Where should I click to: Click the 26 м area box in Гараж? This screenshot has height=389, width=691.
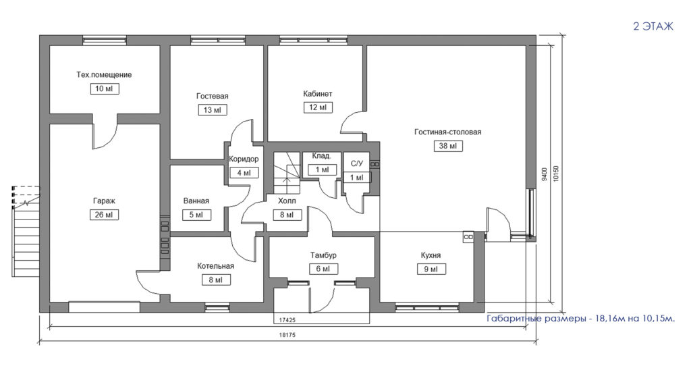pyautogui.click(x=104, y=215)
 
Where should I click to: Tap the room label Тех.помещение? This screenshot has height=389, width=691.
pyautogui.click(x=104, y=74)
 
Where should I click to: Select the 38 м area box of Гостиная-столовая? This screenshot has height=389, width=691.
pyautogui.click(x=448, y=146)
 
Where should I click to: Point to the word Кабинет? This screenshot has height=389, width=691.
pyautogui.click(x=318, y=93)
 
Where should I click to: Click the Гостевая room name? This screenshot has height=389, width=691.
pyautogui.click(x=213, y=96)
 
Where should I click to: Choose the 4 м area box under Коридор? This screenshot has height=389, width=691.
pyautogui.click(x=244, y=173)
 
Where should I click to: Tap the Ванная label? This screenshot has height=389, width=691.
pyautogui.click(x=196, y=201)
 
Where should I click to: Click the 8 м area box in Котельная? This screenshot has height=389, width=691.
pyautogui.click(x=215, y=280)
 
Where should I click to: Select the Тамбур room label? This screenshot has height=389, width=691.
pyautogui.click(x=323, y=255)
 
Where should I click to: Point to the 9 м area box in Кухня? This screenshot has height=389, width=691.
pyautogui.click(x=431, y=269)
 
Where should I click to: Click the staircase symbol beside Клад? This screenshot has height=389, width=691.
pyautogui.click(x=287, y=172)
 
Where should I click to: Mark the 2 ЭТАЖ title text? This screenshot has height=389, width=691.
pyautogui.click(x=653, y=26)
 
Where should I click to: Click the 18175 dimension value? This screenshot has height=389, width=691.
pyautogui.click(x=287, y=335)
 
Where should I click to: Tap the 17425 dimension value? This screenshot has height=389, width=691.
pyautogui.click(x=287, y=320)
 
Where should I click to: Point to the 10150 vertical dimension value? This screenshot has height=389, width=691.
pyautogui.click(x=556, y=174)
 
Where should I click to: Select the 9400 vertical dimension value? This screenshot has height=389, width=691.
pyautogui.click(x=545, y=174)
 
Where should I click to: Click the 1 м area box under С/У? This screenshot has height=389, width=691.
pyautogui.click(x=356, y=178)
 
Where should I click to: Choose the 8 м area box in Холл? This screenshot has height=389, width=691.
pyautogui.click(x=287, y=215)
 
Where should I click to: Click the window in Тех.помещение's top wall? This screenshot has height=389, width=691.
pyautogui.click(x=105, y=40)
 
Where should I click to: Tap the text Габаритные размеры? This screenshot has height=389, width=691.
pyautogui.click(x=536, y=319)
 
